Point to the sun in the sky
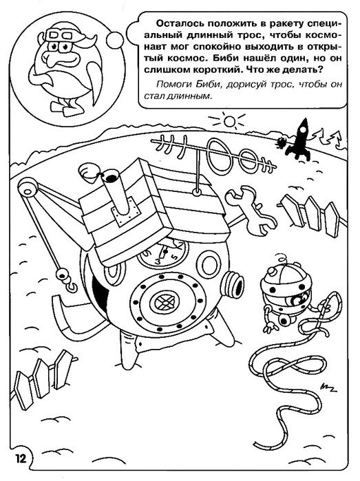click(x=229, y=121)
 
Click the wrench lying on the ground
click(x=250, y=209)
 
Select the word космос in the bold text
click(x=179, y=58)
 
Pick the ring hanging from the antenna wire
click(x=195, y=193)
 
